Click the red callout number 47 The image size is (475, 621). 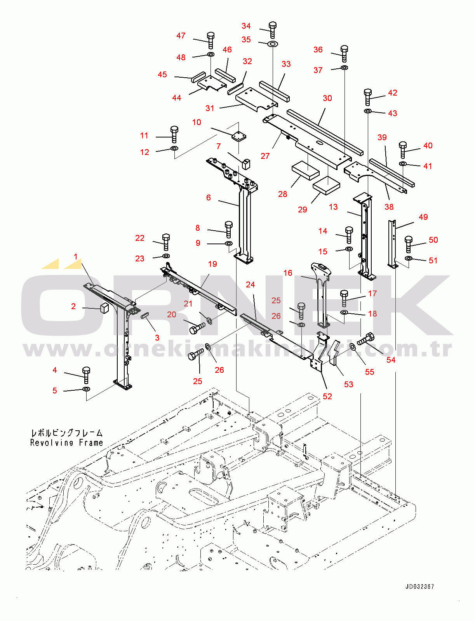coord(181,36)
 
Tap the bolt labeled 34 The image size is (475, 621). coord(272,30)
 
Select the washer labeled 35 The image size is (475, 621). coord(273,44)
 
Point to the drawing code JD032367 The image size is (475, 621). coord(419,587)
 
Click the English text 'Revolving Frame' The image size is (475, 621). coord(66,443)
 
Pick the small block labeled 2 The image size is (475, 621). coord(105,308)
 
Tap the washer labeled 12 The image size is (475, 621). coord(174,148)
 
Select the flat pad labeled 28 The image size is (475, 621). coord(306,170)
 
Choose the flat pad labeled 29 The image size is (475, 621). coord(327,186)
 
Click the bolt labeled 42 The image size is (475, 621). coord(368,97)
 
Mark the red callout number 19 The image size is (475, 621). coord(212,264)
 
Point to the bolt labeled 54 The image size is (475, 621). coord(365,339)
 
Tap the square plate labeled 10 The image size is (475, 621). coord(239,136)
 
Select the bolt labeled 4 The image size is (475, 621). coord(86,375)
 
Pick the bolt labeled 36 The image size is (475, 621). coord(344,54)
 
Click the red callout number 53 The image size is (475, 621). coord(348,384)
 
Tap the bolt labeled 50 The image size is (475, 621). coord(408,244)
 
